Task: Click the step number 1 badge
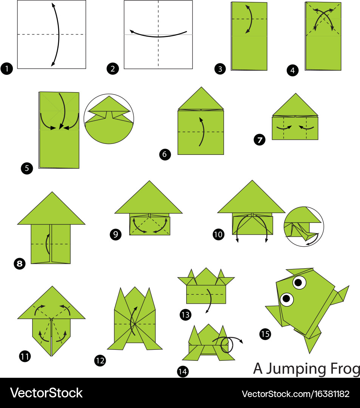click(7, 69)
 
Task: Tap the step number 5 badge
click(27, 168)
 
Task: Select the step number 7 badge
click(260, 140)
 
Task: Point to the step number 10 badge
click(218, 235)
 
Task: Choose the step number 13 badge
click(185, 315)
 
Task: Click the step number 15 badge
click(265, 334)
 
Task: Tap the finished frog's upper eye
click(300, 282)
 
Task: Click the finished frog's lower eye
click(287, 299)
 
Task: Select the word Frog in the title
click(345, 369)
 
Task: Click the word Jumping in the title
click(296, 369)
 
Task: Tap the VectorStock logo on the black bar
click(46, 393)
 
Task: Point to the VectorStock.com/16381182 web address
click(296, 394)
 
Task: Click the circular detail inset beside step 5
click(109, 119)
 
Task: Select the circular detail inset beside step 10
click(304, 226)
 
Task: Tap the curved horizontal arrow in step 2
click(158, 37)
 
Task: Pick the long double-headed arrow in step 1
click(59, 34)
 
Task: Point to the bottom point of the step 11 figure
click(51, 356)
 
